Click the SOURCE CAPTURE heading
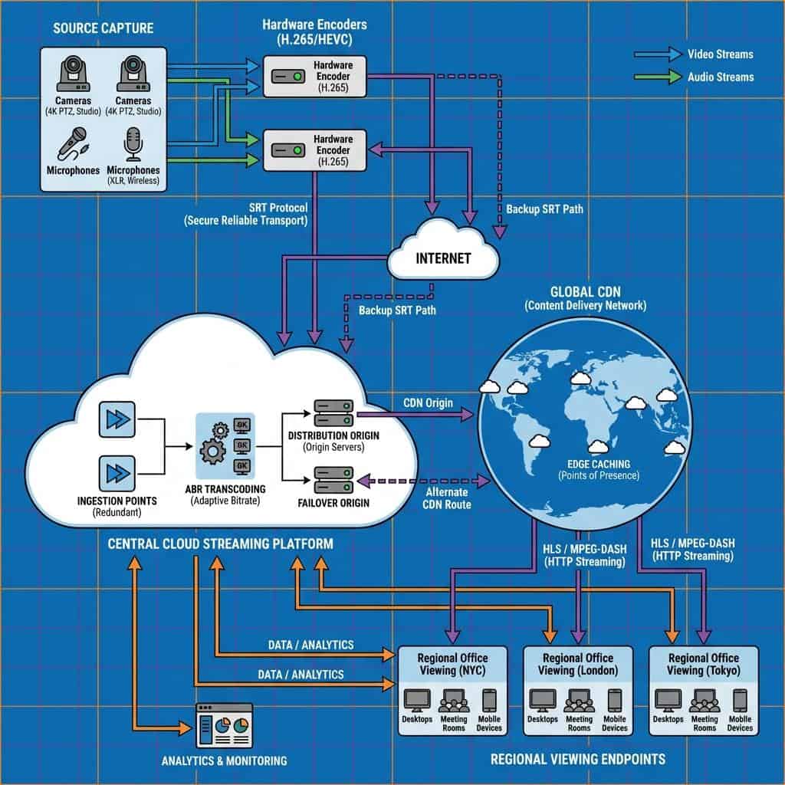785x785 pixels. (103, 28)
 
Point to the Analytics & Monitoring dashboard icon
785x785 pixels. (224, 725)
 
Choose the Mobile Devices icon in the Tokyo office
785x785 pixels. (740, 701)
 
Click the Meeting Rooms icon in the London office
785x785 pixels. (579, 701)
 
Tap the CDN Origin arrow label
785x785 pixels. (428, 402)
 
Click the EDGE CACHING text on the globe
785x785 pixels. (599, 464)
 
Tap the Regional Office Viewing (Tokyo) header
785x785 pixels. (703, 664)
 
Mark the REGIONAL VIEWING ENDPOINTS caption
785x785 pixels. (578, 759)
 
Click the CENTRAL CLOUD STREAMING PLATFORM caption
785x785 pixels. (221, 544)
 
